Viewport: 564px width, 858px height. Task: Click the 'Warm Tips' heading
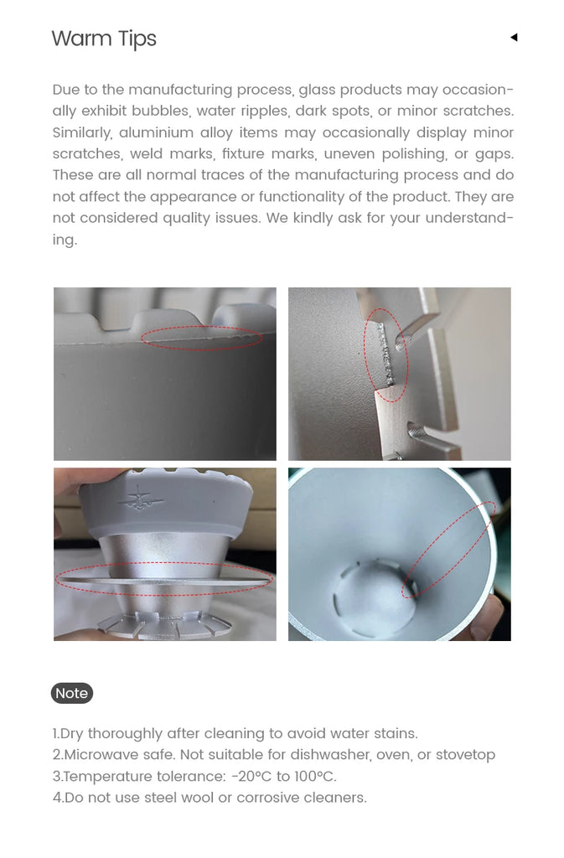(x=104, y=39)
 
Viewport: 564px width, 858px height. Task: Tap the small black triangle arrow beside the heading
(x=514, y=37)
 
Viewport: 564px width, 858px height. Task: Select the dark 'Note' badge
(x=72, y=693)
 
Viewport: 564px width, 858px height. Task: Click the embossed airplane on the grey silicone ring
(x=137, y=499)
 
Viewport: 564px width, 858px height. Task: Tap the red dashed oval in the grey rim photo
(x=201, y=339)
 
